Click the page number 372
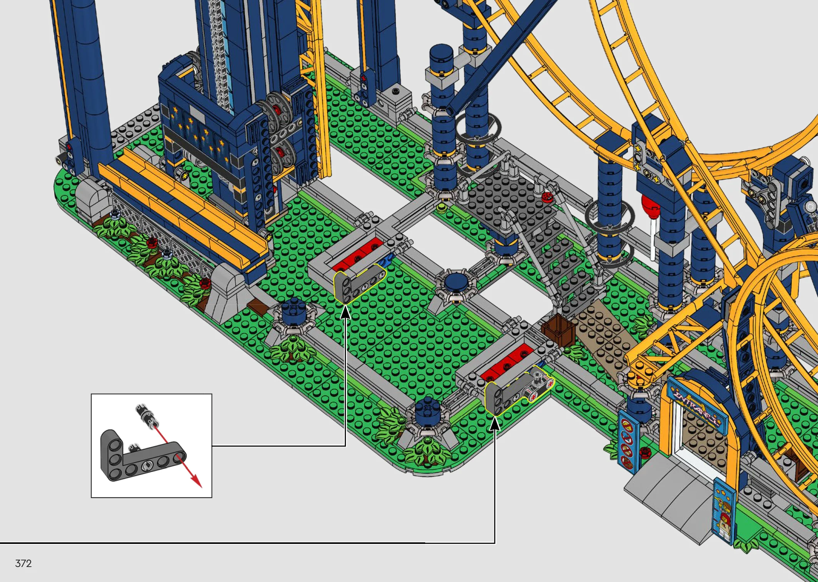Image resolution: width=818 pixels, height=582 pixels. [23, 564]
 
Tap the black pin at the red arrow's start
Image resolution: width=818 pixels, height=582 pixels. [146, 414]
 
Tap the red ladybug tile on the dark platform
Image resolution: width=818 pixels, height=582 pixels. [546, 197]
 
